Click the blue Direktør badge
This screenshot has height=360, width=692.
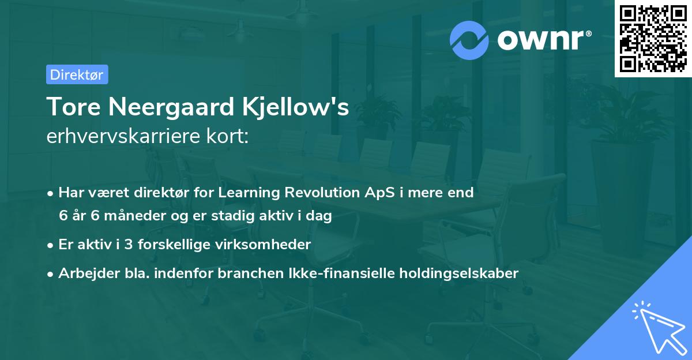[x=77, y=74]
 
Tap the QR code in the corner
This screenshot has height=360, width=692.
[x=653, y=39]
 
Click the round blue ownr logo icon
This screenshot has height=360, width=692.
[x=469, y=40]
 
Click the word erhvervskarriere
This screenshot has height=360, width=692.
[x=119, y=137]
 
